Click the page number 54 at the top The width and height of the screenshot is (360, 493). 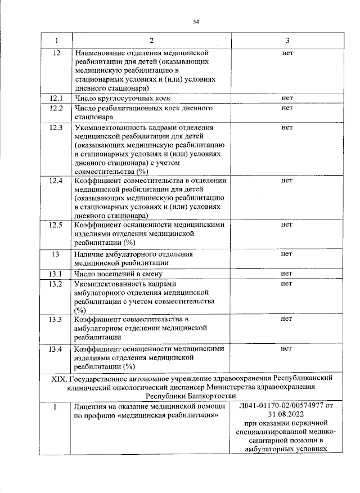(x=196, y=22)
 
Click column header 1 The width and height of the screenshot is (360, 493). (x=56, y=41)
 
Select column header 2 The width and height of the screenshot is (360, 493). (x=151, y=41)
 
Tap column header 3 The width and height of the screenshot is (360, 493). (x=287, y=41)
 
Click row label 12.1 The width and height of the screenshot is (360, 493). (x=56, y=98)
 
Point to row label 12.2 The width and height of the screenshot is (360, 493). (x=56, y=107)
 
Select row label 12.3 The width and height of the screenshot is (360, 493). (x=56, y=127)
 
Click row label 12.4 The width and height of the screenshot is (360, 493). (x=56, y=181)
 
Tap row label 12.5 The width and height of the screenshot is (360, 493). (x=56, y=225)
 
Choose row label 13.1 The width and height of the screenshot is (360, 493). (x=56, y=274)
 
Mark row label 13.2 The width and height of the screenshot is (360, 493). (x=56, y=284)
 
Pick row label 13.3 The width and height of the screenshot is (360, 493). (x=56, y=319)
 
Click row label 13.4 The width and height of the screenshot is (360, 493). (x=56, y=349)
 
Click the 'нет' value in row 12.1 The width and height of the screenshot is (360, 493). (x=287, y=98)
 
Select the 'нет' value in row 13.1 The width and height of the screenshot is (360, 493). (x=287, y=274)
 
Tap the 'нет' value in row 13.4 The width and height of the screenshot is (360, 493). (x=287, y=349)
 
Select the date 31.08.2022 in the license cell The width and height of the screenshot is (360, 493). (x=287, y=413)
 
